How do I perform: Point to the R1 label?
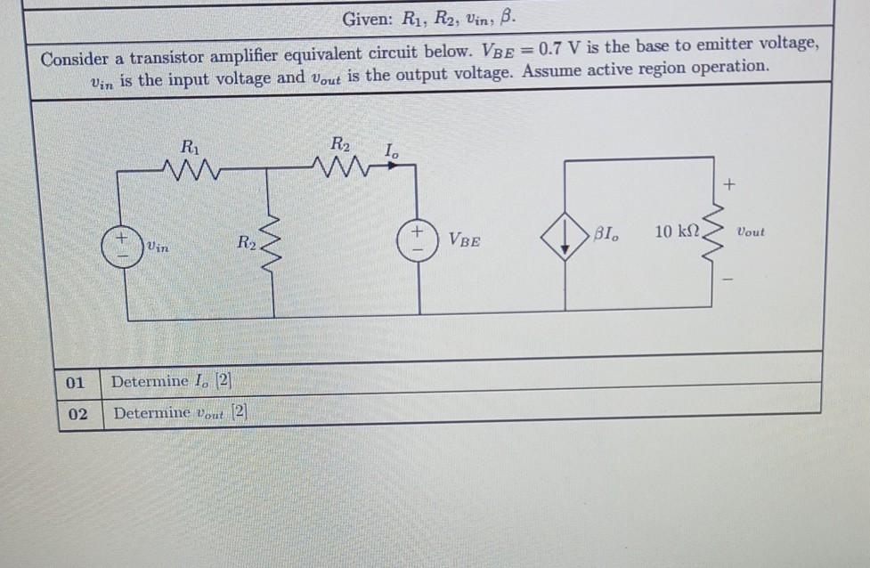pyautogui.click(x=190, y=145)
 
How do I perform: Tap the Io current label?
pyautogui.click(x=391, y=152)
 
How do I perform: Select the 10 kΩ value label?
pyautogui.click(x=677, y=232)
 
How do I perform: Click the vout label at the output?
pyautogui.click(x=750, y=231)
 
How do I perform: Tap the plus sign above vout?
pyautogui.click(x=729, y=186)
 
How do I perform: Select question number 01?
pyautogui.click(x=77, y=383)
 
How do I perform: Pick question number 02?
pyautogui.click(x=77, y=414)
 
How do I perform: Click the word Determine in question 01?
pyautogui.click(x=150, y=382)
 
